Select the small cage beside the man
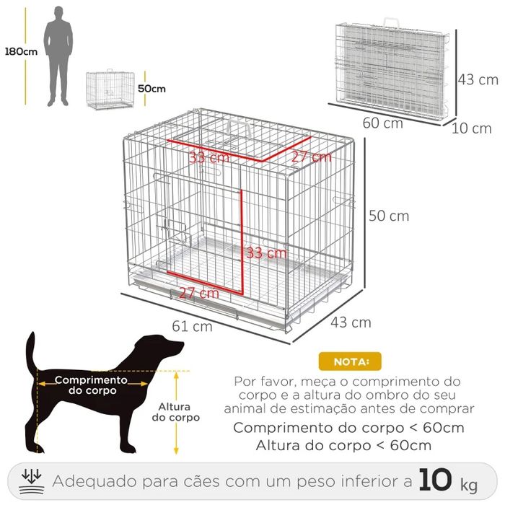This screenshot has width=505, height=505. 110,89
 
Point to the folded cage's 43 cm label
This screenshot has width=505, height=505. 478,79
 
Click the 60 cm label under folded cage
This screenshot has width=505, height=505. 382,123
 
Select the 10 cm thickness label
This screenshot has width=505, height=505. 472,128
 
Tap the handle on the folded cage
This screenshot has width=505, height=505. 392,23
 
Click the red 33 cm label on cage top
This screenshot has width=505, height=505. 210,157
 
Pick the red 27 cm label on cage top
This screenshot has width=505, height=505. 312,157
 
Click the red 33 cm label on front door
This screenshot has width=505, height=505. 266,253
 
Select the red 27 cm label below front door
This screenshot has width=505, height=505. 198,293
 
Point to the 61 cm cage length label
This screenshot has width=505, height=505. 192,325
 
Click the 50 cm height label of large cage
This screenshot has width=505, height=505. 389,216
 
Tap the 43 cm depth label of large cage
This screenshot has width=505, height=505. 351,322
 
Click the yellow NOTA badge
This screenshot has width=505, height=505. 349,361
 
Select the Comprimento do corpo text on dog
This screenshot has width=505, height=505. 91,385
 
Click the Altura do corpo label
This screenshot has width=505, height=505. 175,411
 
